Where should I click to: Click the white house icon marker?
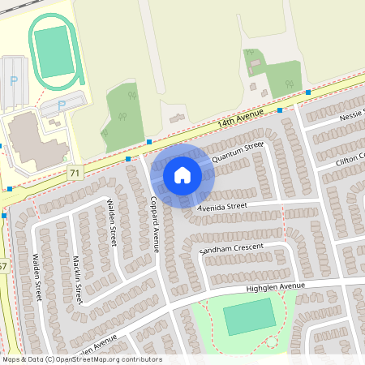[182, 174]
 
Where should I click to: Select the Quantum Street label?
[238, 152]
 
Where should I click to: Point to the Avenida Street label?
[222, 206]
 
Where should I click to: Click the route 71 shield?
[75, 173]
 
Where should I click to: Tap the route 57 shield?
[3, 265]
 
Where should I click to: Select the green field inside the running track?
[54, 52]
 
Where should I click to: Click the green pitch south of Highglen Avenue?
[249, 316]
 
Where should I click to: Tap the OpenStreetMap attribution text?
[81, 359]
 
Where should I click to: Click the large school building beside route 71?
[31, 138]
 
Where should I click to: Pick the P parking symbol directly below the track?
[62, 105]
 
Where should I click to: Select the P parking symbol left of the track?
[13, 81]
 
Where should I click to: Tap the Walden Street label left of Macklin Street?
[36, 277]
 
